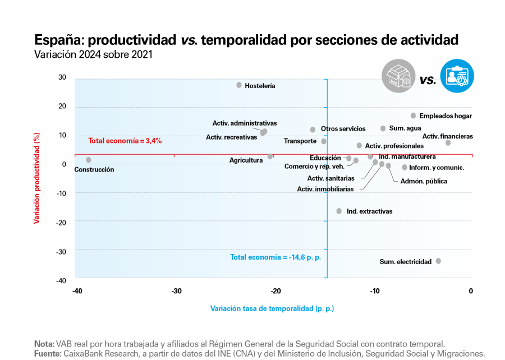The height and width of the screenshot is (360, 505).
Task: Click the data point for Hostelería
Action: (x=239, y=85)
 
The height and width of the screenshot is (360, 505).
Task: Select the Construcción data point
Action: (x=89, y=160)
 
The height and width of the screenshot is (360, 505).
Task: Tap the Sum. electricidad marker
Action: (x=438, y=261)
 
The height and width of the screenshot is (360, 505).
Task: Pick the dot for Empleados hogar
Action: (x=414, y=116)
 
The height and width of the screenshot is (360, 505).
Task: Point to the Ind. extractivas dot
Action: (x=339, y=211)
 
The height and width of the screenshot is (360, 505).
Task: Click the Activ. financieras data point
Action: (x=448, y=143)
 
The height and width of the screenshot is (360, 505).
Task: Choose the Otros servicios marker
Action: (x=313, y=130)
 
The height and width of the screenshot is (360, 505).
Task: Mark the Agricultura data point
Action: (x=270, y=156)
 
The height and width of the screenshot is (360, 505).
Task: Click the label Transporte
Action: (x=300, y=141)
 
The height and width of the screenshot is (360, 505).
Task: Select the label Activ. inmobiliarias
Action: (x=325, y=189)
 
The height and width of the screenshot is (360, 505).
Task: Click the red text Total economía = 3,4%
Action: (x=125, y=141)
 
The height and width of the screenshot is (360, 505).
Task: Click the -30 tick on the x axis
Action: (x=176, y=290)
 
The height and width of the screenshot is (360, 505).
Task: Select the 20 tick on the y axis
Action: (x=62, y=107)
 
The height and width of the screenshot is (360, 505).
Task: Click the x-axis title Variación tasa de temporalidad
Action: (x=272, y=308)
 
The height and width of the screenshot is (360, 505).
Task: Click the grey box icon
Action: (x=398, y=76)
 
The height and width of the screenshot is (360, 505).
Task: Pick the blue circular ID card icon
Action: (x=457, y=76)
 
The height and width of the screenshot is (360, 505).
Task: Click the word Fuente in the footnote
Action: (x=47, y=354)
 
